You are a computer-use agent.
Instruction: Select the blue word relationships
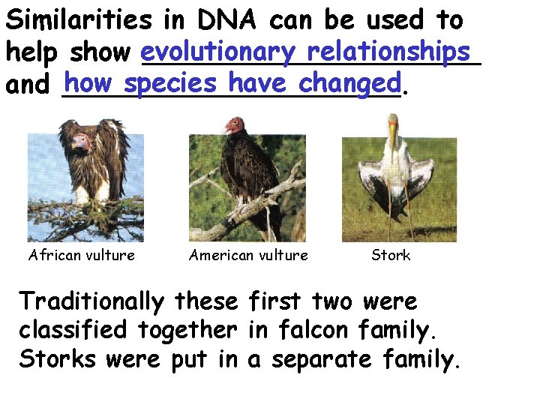388,52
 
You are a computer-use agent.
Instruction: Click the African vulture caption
82,255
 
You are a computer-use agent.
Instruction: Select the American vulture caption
248,255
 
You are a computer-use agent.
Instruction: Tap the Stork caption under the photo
391,255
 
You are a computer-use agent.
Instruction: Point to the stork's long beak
393,139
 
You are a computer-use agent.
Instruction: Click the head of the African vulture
76,136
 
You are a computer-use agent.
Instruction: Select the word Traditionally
91,301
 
